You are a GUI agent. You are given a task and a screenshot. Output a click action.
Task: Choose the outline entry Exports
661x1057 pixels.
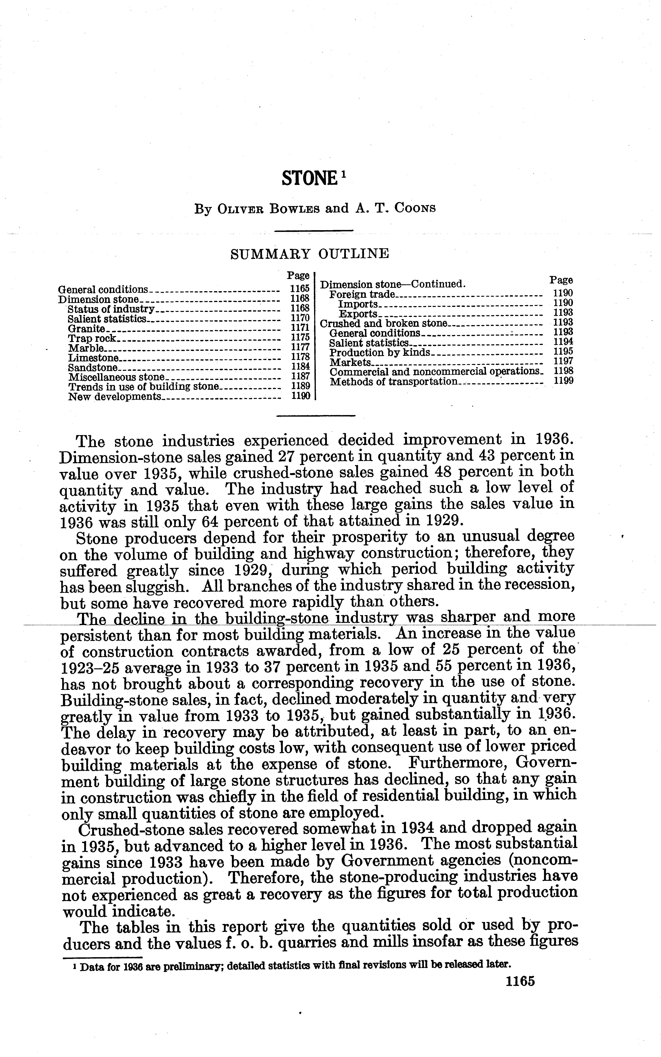[x=358, y=314]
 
